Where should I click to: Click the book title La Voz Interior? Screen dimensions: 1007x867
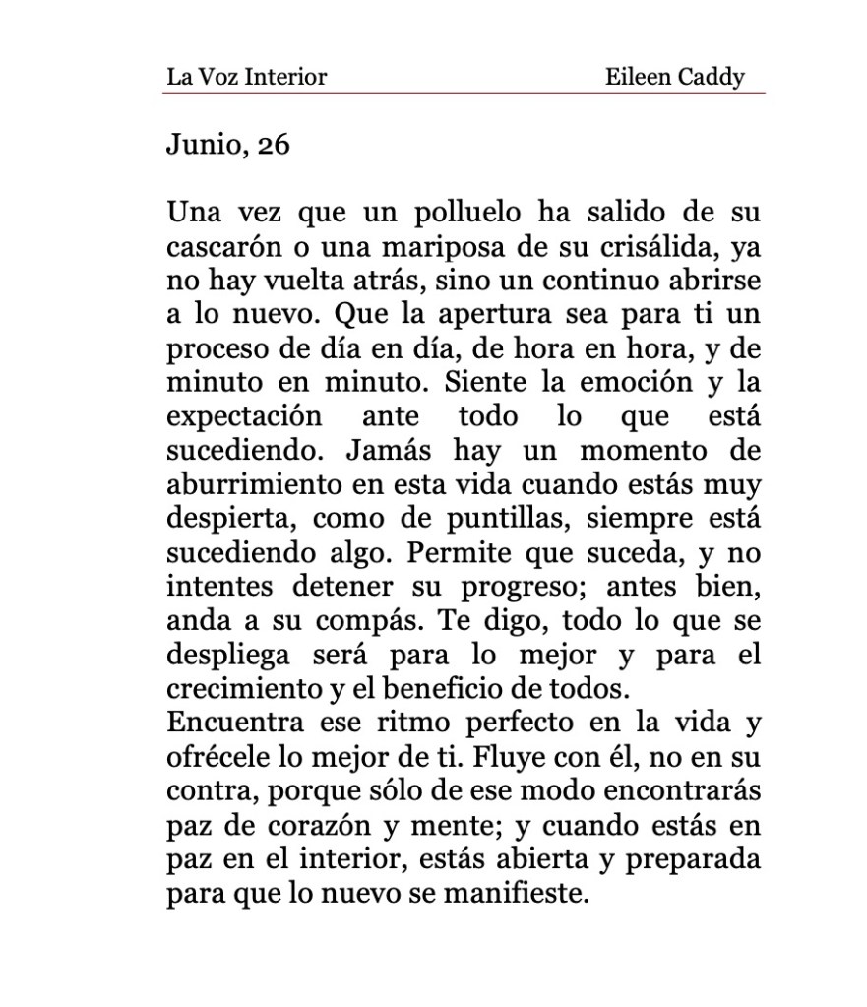[x=246, y=76]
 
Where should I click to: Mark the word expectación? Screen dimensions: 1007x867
[x=244, y=416]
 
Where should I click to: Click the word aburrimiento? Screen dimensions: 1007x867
[x=252, y=484]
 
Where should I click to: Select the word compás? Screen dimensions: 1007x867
[x=350, y=620]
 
